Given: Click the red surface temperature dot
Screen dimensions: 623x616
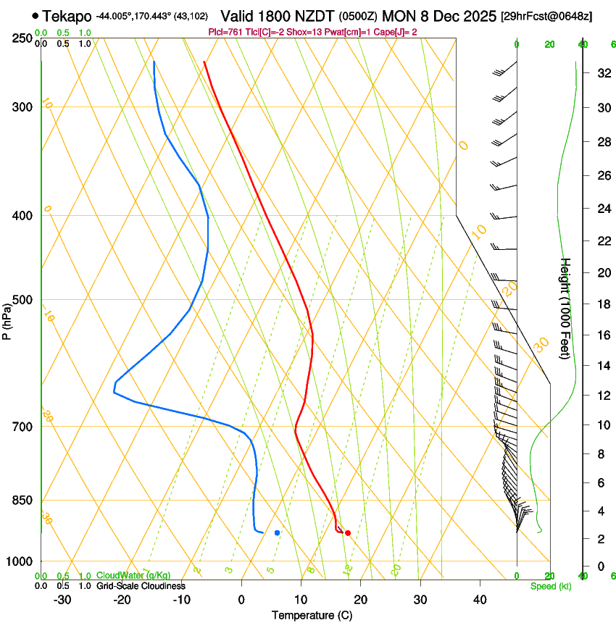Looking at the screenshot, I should [348, 533].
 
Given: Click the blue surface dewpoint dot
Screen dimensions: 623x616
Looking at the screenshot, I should [278, 532].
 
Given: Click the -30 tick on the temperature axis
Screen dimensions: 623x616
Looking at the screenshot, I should [62, 599].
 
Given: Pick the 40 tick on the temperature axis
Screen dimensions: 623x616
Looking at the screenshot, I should [480, 599].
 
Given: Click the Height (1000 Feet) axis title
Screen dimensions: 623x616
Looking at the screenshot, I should [566, 309].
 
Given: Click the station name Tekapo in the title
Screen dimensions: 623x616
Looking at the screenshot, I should [67, 16].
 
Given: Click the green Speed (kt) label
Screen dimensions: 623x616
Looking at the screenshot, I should [550, 586].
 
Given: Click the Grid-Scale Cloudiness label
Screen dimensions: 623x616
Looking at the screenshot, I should [141, 585].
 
